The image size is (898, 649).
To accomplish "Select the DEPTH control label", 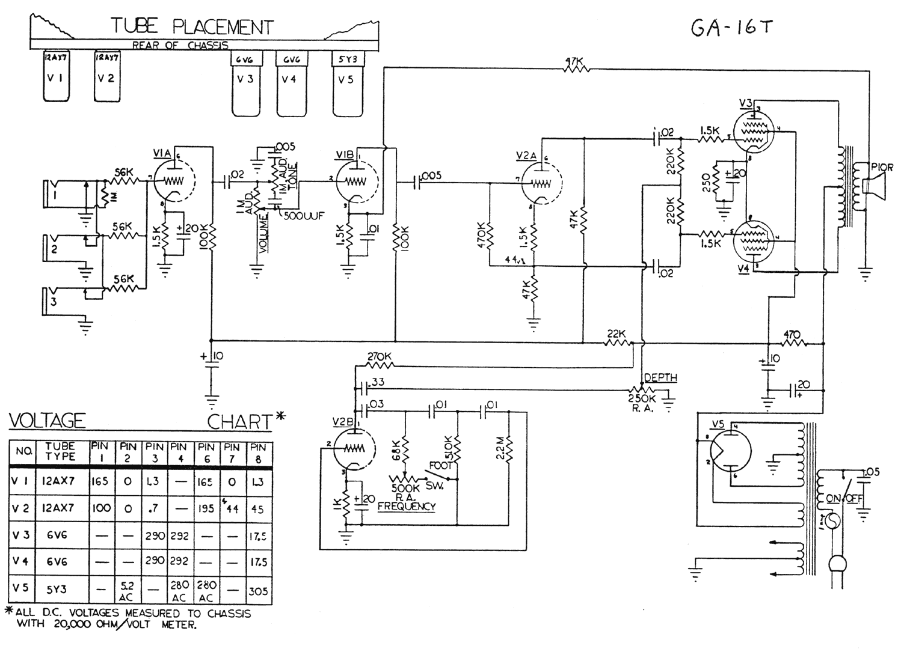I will pos(660,378).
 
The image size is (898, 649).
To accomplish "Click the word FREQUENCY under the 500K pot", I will pos(406,506).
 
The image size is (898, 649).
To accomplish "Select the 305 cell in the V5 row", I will pos(258,591).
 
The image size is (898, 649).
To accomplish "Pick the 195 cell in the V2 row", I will pos(206,508).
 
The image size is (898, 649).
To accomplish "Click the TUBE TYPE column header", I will pos(60,451).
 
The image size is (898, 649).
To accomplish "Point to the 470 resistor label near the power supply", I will pos(792,334).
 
